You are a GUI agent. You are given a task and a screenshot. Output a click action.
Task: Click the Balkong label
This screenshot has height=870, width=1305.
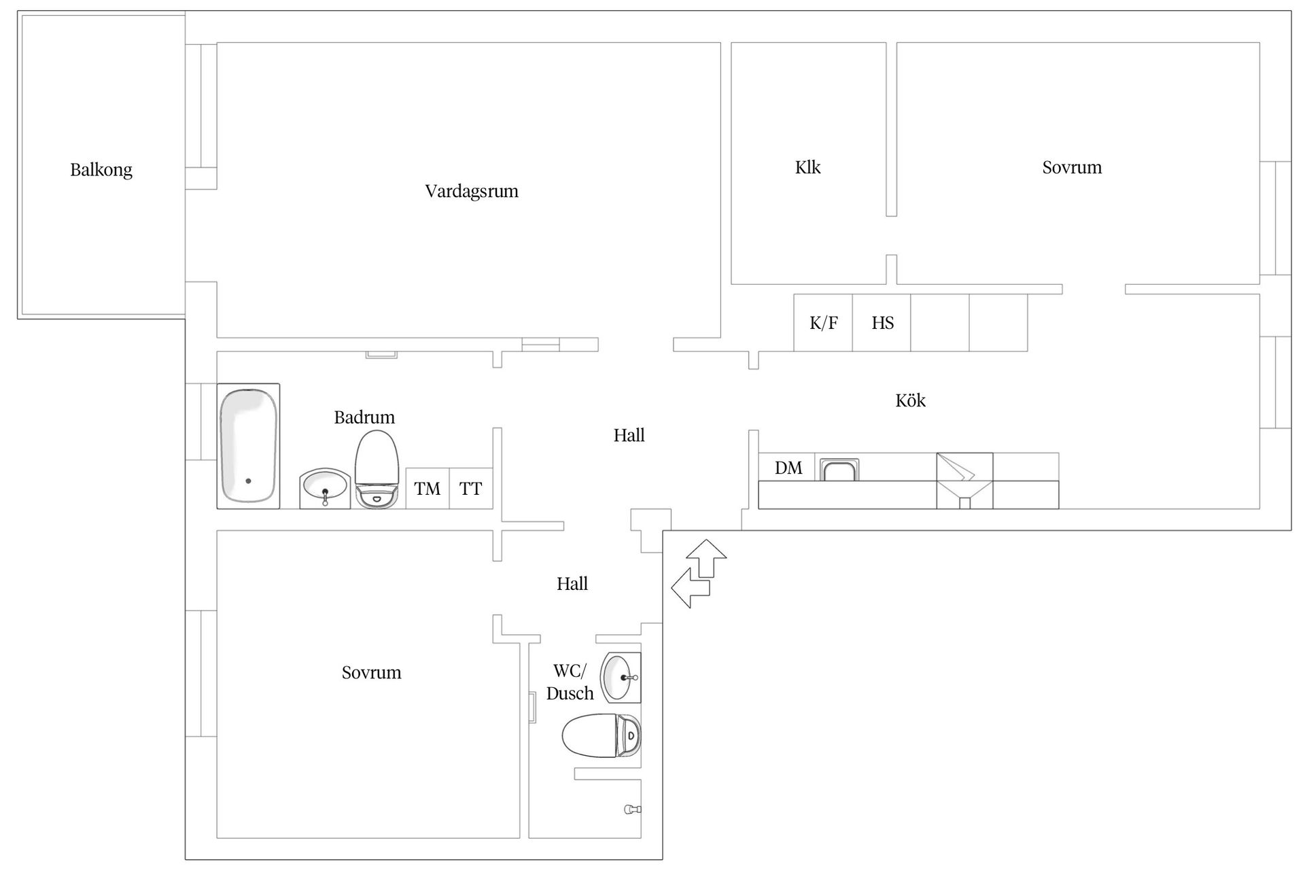coord(101,170)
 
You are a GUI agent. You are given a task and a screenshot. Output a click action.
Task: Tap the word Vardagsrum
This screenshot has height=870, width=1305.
coord(472,191)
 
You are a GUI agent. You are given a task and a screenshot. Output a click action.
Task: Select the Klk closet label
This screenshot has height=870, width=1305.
coord(807,167)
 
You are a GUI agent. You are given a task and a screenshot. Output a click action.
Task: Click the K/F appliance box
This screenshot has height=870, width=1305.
coord(823,323)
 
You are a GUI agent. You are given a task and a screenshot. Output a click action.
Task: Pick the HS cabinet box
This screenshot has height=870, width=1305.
coord(882,323)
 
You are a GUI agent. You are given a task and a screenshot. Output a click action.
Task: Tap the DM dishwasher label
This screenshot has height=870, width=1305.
coord(788,468)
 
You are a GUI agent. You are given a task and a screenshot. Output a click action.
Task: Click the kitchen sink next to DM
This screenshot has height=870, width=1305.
coord(840,470)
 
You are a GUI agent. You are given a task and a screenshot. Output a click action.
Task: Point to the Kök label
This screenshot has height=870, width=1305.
coord(910,400)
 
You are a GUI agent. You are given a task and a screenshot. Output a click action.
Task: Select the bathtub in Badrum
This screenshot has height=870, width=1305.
coord(248,446)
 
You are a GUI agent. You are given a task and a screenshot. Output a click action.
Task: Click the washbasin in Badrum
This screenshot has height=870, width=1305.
coord(325,487)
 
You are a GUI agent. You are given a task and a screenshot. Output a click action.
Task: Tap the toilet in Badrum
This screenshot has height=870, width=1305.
coord(376,469)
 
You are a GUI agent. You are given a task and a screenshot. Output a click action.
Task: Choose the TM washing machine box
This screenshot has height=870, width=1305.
coord(428,489)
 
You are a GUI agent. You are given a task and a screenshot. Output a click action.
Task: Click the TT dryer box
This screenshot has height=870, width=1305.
coord(470,489)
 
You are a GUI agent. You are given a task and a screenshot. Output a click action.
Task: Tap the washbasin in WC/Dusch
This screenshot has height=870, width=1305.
coord(621,678)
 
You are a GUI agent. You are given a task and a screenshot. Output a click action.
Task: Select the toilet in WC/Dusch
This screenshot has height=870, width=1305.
coord(602,735)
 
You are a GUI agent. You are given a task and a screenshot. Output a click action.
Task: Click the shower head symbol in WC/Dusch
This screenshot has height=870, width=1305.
coord(632,810)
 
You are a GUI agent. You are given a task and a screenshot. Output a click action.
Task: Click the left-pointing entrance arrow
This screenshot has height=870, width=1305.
coord(689,588)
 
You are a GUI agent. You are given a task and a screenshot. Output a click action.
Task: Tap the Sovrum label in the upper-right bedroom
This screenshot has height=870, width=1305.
coord(1071,167)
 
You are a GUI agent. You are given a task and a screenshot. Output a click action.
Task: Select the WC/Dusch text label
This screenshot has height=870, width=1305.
coord(570,682)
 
